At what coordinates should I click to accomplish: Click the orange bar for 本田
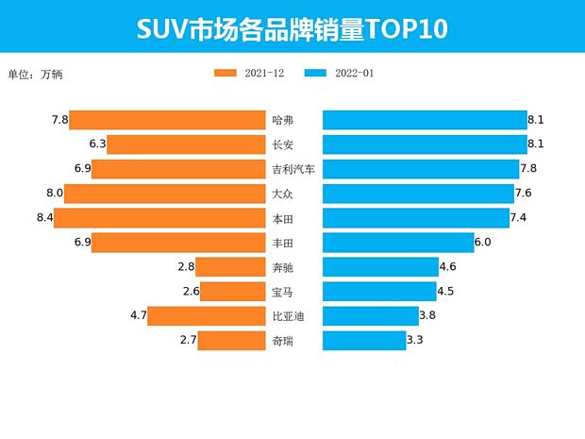point(159,218)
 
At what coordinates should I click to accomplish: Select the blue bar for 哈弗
point(425,120)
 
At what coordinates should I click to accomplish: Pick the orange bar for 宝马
point(232,292)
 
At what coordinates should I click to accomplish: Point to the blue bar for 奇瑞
point(364,340)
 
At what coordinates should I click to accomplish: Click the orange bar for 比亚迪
point(207,316)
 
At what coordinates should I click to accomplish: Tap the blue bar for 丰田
point(397,243)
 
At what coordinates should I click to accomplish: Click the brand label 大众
point(282,194)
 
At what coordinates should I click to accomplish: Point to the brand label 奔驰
point(282,268)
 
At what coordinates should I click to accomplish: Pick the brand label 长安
point(282,145)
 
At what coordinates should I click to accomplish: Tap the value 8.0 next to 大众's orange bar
point(53,194)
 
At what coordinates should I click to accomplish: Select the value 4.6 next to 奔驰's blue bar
point(447,267)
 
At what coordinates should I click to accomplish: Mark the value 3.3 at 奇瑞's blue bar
point(415,340)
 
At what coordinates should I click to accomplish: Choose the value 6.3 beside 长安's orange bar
point(95,144)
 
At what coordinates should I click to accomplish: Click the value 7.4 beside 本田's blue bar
point(517,218)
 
